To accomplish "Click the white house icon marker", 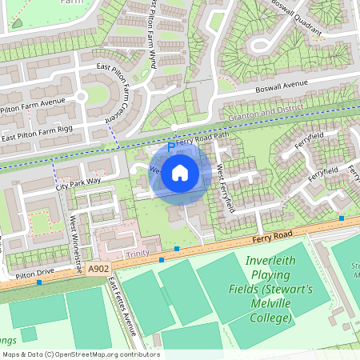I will [180, 172].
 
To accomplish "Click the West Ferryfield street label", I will [225, 188].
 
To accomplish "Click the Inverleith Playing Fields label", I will [266, 290].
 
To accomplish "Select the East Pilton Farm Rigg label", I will [38, 138].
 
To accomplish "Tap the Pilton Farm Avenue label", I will [32, 102].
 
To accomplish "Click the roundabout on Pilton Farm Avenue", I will [79, 98].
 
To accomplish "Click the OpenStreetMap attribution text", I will [80, 354].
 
